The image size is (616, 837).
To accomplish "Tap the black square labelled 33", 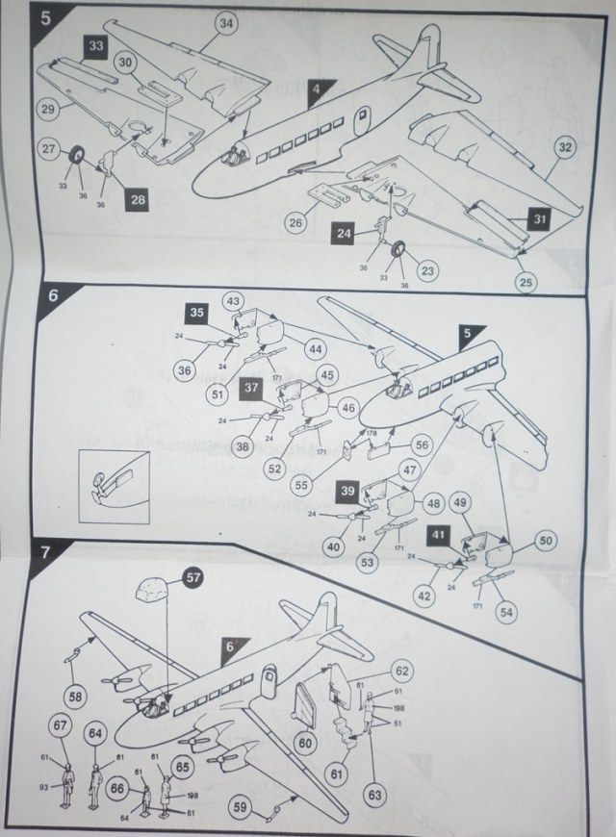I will (x=95, y=46).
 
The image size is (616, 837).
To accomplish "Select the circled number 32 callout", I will (x=564, y=147).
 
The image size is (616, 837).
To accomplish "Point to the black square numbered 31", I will (x=540, y=220).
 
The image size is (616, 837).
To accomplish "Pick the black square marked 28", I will (x=138, y=200).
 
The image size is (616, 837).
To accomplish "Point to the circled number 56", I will (x=421, y=445).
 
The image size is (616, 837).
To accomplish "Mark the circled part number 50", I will (x=545, y=543).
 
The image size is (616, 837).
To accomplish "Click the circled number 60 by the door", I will (x=305, y=742).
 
